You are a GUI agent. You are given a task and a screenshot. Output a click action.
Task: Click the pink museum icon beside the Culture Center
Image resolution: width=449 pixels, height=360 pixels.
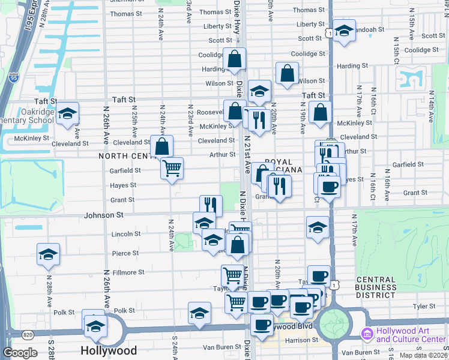pyautogui.click(x=366, y=334)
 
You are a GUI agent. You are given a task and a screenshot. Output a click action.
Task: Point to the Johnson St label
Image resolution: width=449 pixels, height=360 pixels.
pyautogui.click(x=103, y=214)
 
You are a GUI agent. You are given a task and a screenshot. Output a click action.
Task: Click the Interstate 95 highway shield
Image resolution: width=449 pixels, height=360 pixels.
pyautogui.click(x=14, y=77)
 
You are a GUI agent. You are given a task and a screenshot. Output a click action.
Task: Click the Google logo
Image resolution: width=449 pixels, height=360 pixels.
pyautogui.click(x=20, y=353)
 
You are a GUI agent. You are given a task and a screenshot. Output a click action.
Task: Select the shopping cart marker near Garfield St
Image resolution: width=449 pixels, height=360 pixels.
pyautogui.click(x=172, y=169)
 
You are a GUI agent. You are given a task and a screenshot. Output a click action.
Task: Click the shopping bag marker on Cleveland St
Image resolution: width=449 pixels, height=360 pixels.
pyautogui.click(x=162, y=146)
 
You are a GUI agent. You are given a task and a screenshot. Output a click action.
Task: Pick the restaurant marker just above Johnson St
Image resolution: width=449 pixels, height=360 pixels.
pyautogui.click(x=211, y=205)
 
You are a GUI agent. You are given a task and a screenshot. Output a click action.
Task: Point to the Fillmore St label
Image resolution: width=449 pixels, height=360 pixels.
pyautogui.click(x=129, y=272)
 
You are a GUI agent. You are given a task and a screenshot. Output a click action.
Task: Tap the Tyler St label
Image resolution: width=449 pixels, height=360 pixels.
pyautogui.click(x=424, y=306)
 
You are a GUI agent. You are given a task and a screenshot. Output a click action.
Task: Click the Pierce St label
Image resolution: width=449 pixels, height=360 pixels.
pyautogui.click(x=125, y=253)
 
